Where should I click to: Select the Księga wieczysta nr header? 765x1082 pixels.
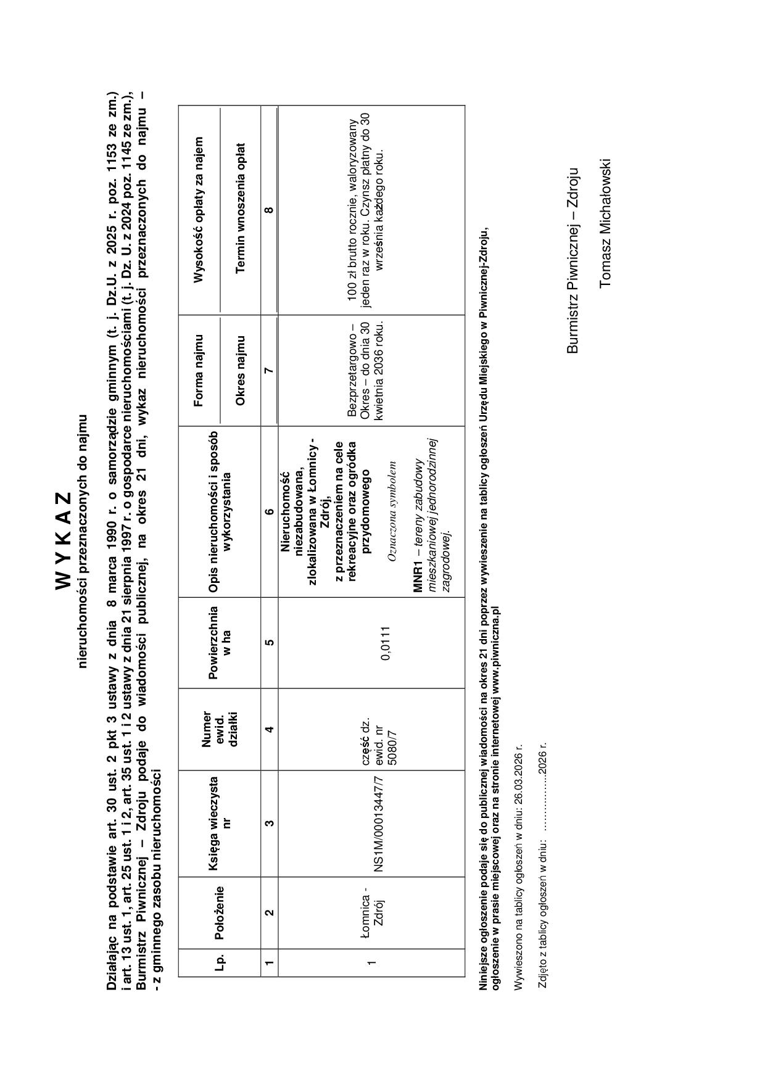[x=219, y=823]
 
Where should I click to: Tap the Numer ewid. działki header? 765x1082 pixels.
[x=220, y=729]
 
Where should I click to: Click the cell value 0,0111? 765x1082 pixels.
[x=386, y=643]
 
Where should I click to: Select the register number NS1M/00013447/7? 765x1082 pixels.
[x=379, y=823]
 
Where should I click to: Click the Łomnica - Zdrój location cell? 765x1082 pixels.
[x=372, y=912]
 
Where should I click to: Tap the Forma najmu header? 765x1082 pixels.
[x=199, y=370]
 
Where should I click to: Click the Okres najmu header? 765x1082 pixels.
[x=241, y=370]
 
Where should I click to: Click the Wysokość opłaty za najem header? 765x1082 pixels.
[x=199, y=210]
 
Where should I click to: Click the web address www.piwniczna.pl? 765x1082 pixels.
[x=495, y=656]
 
